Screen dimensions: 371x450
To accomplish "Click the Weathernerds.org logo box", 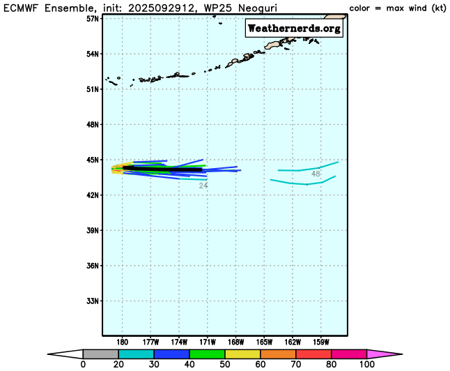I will click(293, 28).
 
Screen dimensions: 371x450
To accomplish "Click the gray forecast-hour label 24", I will click(203, 185).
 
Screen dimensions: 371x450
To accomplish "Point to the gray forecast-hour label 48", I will click(316, 174).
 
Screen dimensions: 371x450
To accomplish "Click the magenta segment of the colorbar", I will click(352, 354).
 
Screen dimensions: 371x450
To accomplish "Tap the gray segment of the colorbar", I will click(97, 354).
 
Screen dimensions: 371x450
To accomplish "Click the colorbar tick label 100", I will click(366, 365).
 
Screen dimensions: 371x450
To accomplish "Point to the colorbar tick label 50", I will click(224, 365).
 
